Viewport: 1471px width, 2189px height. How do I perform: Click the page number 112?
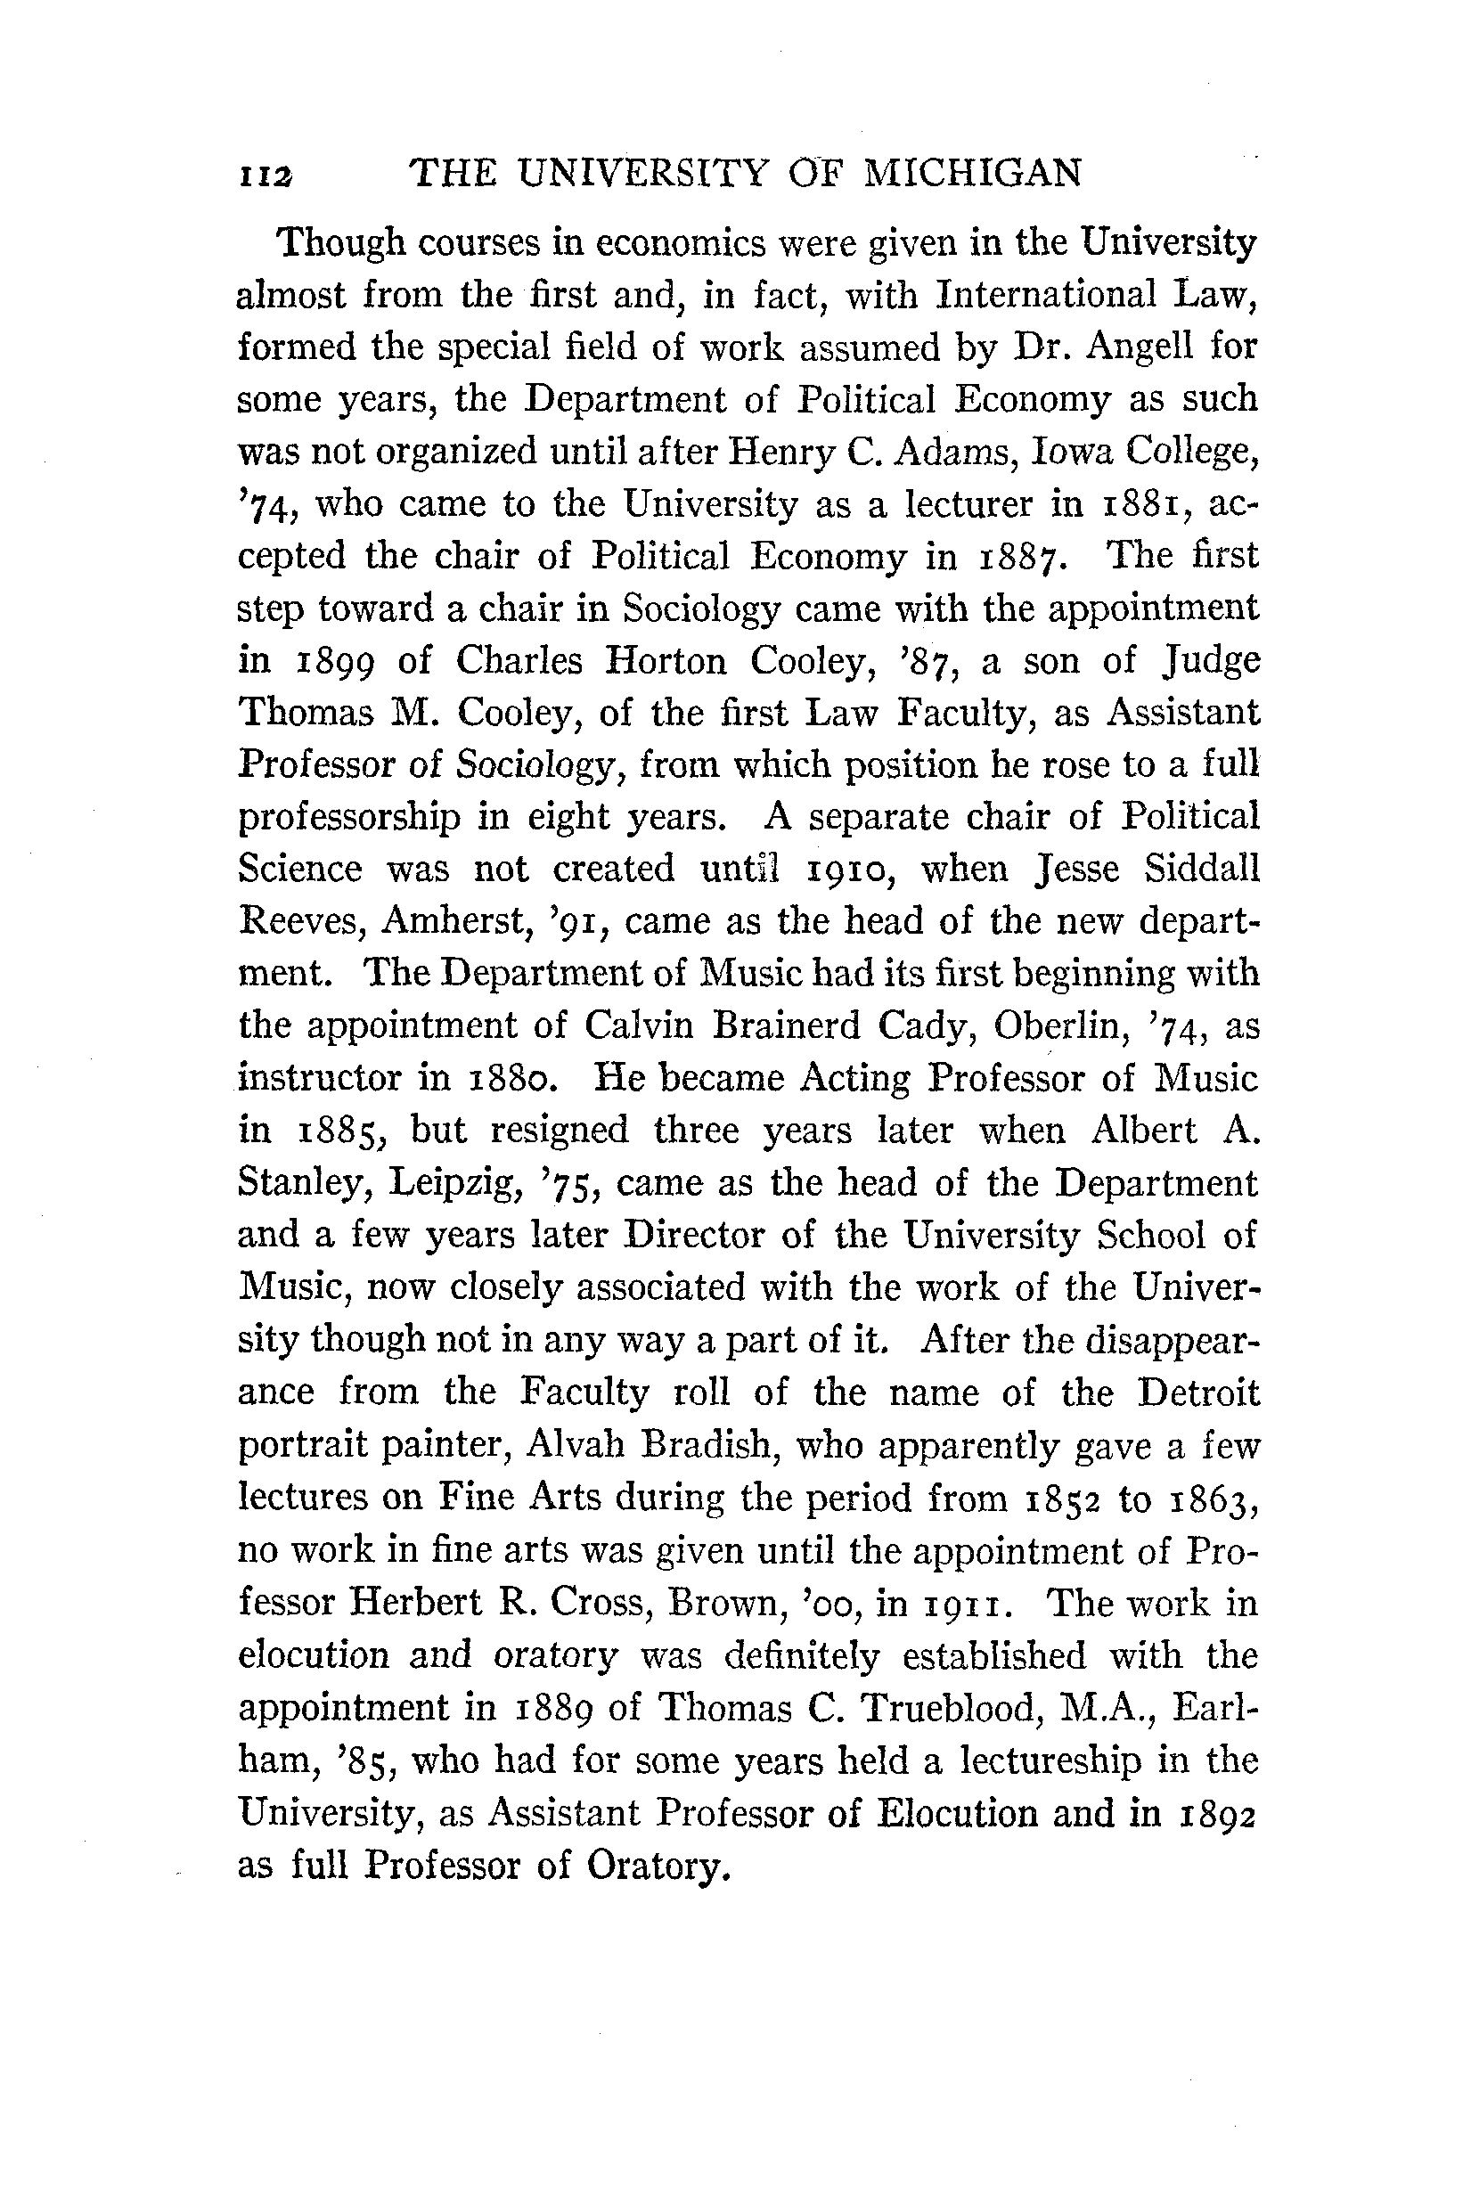[266, 176]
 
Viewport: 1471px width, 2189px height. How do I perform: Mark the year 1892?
[1216, 1814]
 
